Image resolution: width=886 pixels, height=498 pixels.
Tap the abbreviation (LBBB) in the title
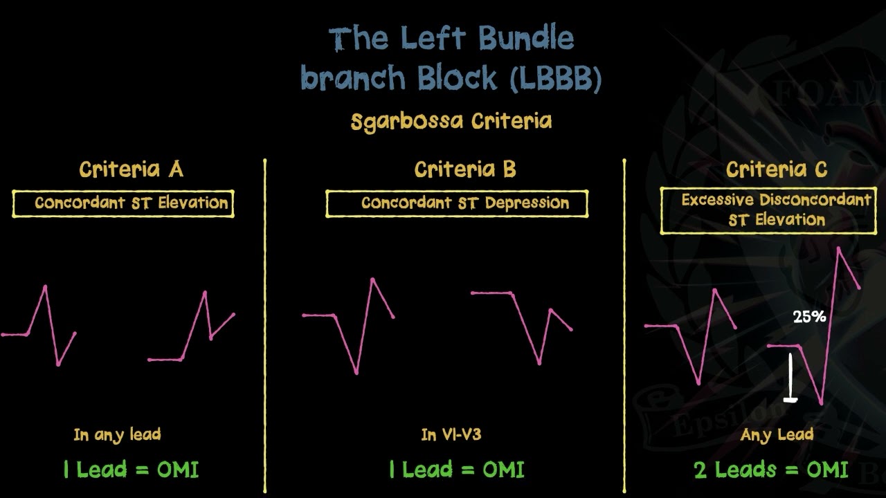coord(556,79)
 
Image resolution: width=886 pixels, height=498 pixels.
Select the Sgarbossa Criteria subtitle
coord(451,122)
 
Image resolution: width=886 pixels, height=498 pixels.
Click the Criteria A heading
coord(131,169)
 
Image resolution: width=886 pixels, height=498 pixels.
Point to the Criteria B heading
coord(465,169)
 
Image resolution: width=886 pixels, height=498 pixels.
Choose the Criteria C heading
coord(777,169)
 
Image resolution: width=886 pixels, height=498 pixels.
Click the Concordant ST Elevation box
coord(123,203)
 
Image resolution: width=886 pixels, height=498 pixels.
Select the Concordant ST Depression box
coord(457,203)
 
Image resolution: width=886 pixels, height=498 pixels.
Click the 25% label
coord(809,317)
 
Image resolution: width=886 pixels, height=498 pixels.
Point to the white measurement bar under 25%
coord(790,378)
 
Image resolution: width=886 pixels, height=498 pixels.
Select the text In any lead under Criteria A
coord(117,435)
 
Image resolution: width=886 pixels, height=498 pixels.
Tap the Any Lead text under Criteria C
coord(776,435)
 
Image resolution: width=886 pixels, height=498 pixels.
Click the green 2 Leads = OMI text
coord(770,470)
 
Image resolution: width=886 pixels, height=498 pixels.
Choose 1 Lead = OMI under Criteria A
coord(130,470)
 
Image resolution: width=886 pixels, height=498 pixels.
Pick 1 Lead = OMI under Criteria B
coord(456,470)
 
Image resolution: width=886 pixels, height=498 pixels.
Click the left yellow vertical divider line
coord(265,325)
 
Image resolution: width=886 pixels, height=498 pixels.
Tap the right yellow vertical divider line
coord(624,325)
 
